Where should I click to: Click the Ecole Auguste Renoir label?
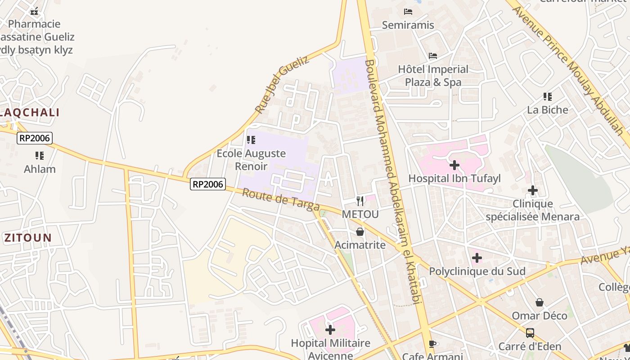[x=251, y=160]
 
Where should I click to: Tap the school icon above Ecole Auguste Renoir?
[x=251, y=140]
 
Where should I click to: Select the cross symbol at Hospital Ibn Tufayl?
[x=454, y=165]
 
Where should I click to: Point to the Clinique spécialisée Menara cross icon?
[x=533, y=190]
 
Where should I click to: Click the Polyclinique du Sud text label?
[x=477, y=271]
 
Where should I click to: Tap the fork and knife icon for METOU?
[x=360, y=201]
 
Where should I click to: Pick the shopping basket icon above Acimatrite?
[x=360, y=232]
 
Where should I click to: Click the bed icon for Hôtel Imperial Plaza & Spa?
[x=433, y=56]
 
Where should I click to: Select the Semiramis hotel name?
[x=408, y=25]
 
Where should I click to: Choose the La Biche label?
[x=548, y=110]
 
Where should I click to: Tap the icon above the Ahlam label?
[x=40, y=156]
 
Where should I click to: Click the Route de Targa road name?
[x=281, y=199]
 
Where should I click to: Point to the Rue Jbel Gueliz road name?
[x=282, y=84]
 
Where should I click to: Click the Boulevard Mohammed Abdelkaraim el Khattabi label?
[x=393, y=180]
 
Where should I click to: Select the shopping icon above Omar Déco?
[x=540, y=302]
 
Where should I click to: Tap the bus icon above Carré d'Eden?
[x=530, y=333]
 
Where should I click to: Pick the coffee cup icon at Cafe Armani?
[x=432, y=344]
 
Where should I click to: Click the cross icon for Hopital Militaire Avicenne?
[x=330, y=330]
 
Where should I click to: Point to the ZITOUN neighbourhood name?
[x=28, y=238]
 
